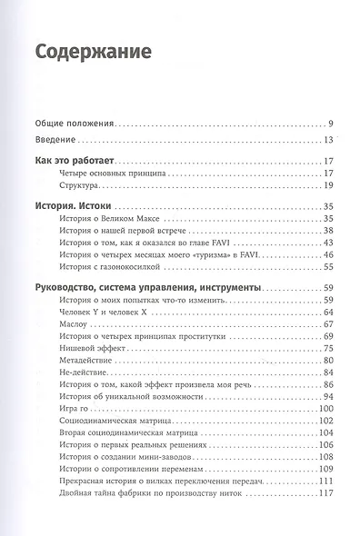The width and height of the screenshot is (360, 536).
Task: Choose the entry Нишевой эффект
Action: click(x=92, y=349)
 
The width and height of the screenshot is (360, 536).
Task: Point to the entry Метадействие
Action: click(x=86, y=361)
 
